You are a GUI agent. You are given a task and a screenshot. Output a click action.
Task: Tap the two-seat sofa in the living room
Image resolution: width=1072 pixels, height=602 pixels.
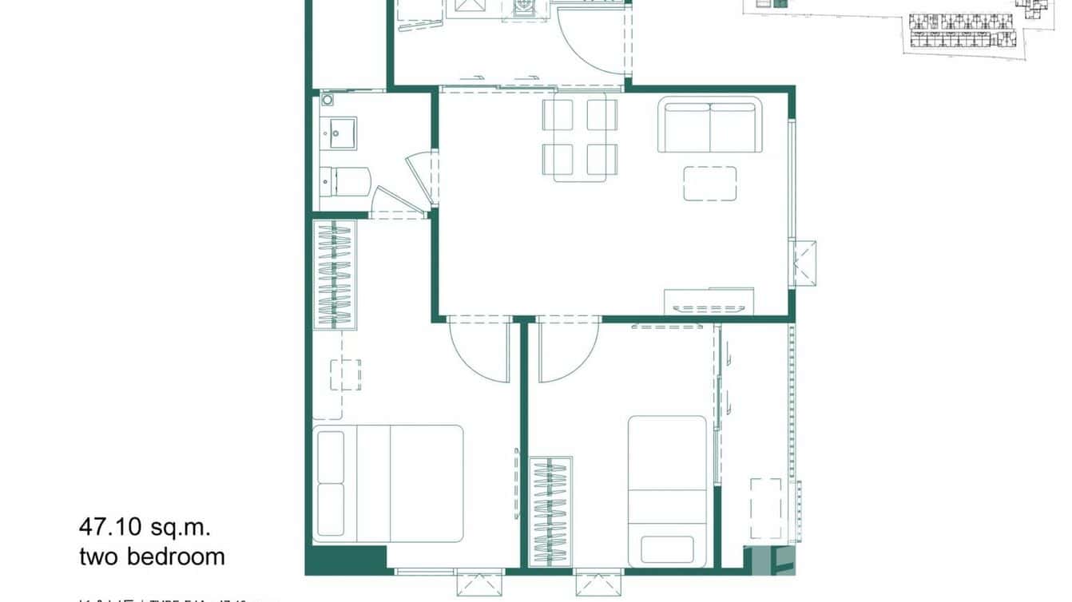[709, 125]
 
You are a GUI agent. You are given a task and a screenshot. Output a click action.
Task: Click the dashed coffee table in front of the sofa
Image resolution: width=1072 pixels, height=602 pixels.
[709, 183]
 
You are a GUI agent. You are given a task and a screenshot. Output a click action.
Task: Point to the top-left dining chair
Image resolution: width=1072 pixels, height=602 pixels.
[558, 114]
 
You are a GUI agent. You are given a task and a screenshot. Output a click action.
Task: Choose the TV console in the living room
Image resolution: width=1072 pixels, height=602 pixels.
[709, 301]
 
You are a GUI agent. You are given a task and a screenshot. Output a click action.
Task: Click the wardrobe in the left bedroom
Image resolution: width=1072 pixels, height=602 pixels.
[334, 274]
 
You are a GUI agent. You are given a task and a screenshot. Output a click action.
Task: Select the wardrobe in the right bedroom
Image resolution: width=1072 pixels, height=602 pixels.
[550, 512]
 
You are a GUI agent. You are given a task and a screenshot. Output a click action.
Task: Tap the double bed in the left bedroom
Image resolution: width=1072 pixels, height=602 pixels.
[389, 484]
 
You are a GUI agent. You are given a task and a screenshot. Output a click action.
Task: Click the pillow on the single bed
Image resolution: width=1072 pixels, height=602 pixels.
[667, 549]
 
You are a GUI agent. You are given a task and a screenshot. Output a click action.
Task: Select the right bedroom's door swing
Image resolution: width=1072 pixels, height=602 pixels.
[567, 348]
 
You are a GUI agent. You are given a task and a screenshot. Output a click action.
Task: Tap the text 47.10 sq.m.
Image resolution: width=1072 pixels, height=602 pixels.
[144, 527]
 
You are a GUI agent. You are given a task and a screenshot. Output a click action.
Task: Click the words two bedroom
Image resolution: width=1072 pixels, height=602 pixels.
[152, 556]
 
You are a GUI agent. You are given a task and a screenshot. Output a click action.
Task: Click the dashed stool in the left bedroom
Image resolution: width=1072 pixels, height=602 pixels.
[345, 375]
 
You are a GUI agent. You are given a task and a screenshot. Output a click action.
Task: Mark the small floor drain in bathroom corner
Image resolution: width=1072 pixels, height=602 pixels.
[327, 101]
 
